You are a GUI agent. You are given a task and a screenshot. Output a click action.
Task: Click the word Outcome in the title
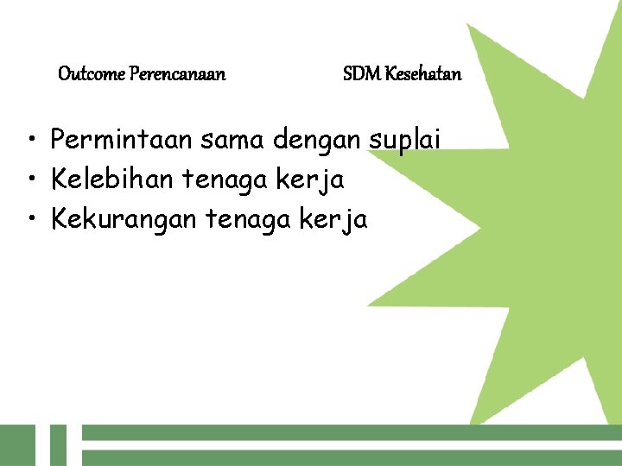click(x=92, y=74)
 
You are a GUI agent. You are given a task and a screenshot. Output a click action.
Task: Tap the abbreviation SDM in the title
click(x=361, y=74)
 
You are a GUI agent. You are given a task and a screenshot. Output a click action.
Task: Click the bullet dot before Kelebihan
click(x=30, y=181)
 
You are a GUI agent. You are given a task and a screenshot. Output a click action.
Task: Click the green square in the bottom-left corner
click(x=17, y=445)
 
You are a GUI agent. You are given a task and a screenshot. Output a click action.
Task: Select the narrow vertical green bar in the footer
click(x=58, y=445)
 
